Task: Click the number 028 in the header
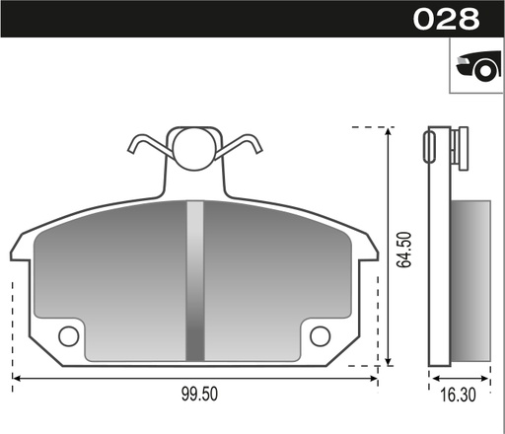(x=446, y=19)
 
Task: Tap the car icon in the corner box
(x=475, y=66)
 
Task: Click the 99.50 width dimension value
(x=199, y=395)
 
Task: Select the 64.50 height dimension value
(x=402, y=249)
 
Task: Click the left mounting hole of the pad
(x=68, y=336)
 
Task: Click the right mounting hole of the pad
(x=320, y=336)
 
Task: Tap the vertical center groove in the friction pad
(x=194, y=281)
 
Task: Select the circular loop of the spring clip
(x=193, y=147)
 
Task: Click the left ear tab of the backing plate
(x=22, y=249)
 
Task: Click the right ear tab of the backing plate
(x=367, y=249)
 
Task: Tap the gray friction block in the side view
(x=470, y=281)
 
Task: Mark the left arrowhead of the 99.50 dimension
(x=17, y=378)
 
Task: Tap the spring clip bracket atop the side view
(x=455, y=148)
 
